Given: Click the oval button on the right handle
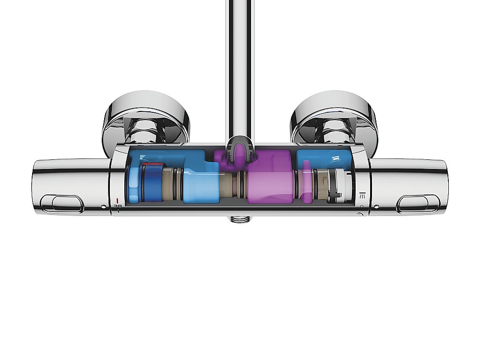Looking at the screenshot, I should (418, 203).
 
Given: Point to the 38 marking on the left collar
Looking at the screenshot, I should (117, 207).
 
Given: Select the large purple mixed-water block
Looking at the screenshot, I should (270, 180).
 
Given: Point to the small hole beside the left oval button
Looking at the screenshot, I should (104, 206).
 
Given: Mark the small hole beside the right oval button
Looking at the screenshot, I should (376, 206).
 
